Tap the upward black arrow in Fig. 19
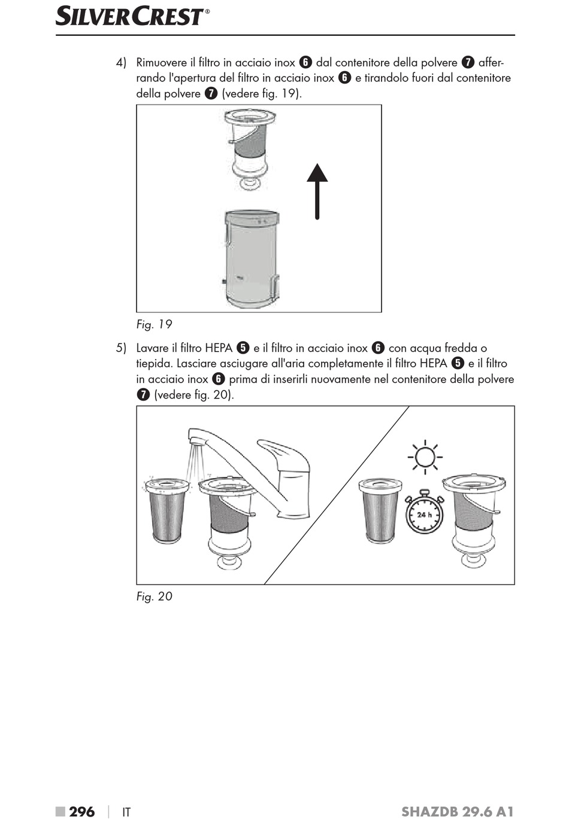tap(317, 191)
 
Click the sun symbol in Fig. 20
tap(425, 457)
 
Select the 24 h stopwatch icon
tap(424, 512)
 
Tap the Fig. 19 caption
tap(154, 324)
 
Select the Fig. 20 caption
tap(155, 596)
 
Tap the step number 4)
tap(121, 62)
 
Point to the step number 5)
tap(121, 348)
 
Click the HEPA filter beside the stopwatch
tap(380, 510)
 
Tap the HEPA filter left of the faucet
tap(167, 510)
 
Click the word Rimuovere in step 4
tap(162, 62)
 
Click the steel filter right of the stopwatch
tap(474, 521)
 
